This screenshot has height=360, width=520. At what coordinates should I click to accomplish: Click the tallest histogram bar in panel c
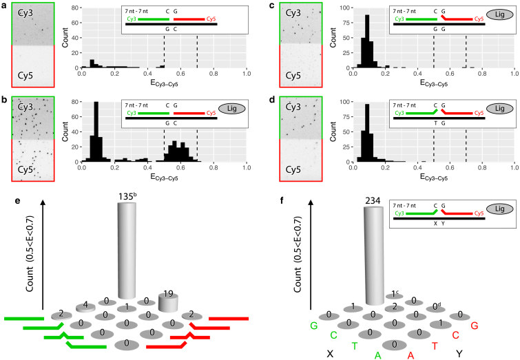point(366,41)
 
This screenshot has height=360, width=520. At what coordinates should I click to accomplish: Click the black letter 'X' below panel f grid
point(330,352)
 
